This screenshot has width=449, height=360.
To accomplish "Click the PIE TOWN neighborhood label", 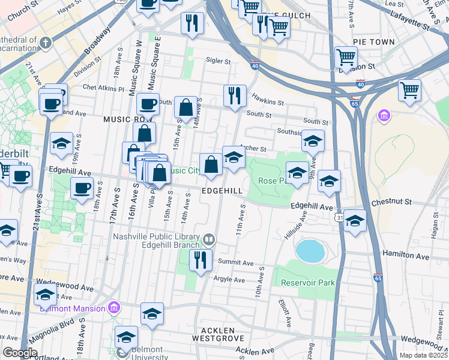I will (x=374, y=42).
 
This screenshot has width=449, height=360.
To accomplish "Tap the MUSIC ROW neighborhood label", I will (x=125, y=119).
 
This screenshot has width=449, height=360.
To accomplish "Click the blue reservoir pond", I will (x=309, y=251).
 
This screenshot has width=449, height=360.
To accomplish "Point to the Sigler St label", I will (x=218, y=61).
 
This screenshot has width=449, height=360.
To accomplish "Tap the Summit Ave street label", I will (x=236, y=263).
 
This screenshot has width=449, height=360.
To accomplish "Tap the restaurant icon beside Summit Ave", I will (x=199, y=260).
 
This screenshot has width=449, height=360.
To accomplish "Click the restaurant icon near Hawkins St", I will (x=234, y=95).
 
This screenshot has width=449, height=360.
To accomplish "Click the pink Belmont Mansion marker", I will (x=113, y=308).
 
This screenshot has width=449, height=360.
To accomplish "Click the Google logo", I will (x=20, y=353).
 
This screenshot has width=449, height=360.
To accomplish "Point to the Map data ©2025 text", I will (x=423, y=355).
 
